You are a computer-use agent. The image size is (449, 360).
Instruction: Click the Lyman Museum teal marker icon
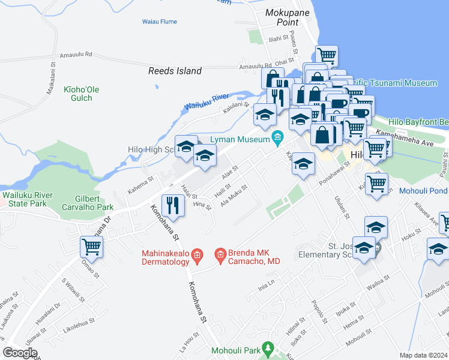[x=277, y=139]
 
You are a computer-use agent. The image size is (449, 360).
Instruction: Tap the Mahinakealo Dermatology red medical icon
[x=196, y=257]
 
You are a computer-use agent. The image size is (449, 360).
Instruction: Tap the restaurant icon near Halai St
[x=173, y=206]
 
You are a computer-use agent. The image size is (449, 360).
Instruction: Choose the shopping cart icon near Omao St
[x=91, y=246]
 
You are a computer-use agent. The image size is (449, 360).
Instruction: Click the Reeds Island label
[x=175, y=71]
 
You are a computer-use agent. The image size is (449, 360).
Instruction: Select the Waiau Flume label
[x=160, y=22]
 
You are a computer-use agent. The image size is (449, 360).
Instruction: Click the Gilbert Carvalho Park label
[x=88, y=203]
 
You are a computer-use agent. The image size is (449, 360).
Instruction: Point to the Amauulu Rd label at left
[x=80, y=54]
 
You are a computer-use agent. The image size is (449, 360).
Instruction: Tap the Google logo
[x=20, y=353]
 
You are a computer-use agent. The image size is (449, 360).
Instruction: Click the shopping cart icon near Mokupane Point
[x=326, y=56]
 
